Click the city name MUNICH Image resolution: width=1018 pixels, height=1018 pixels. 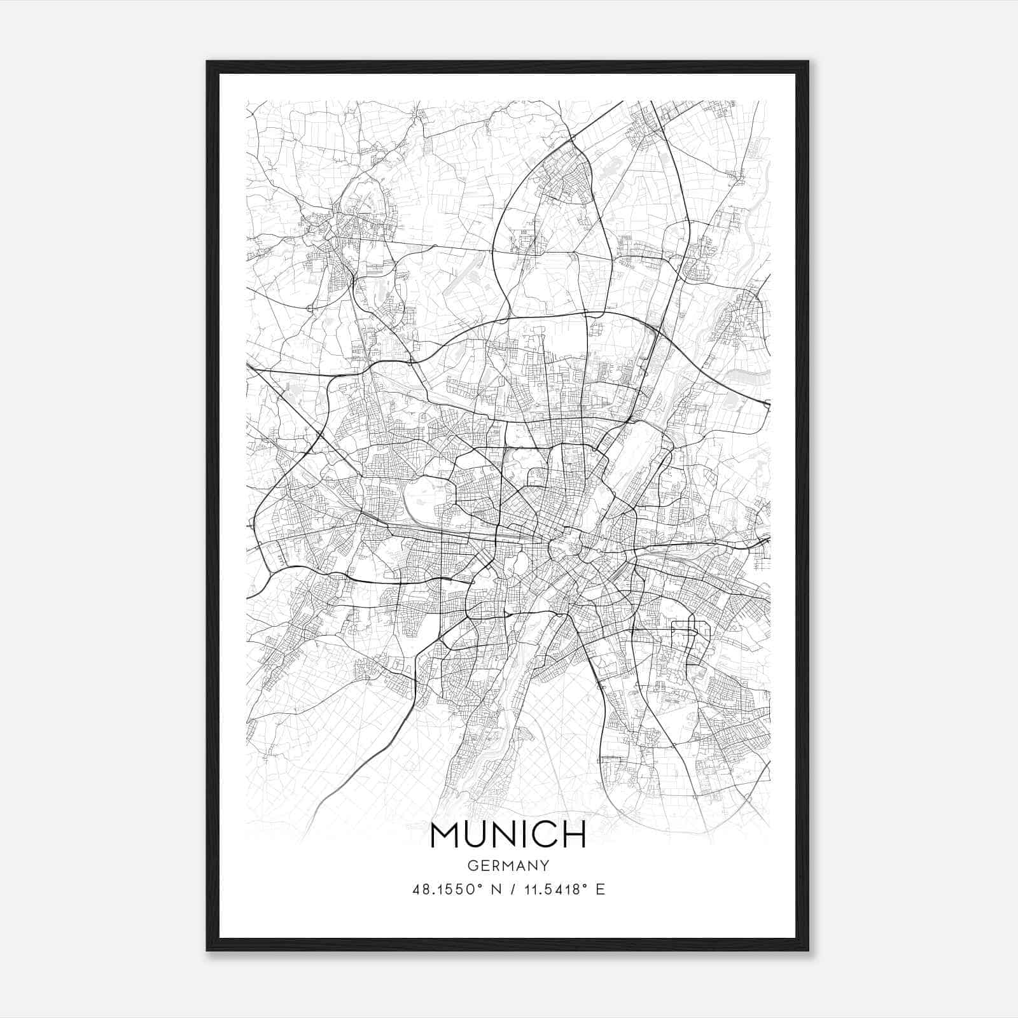point(508,835)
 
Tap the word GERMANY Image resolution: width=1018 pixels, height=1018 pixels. point(508,865)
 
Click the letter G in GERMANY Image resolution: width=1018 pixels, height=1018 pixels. point(471,865)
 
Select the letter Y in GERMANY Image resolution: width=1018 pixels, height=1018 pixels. point(545,865)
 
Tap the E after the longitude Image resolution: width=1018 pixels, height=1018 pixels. point(600,889)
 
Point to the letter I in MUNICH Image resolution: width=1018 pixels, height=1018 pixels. point(523,835)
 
